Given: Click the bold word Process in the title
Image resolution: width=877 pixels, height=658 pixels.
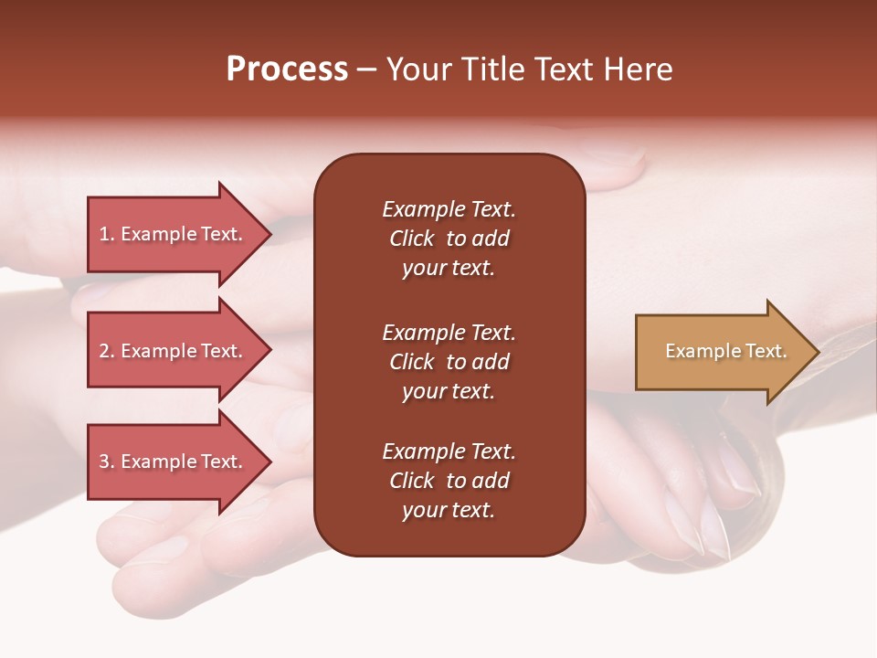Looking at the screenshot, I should click(287, 69).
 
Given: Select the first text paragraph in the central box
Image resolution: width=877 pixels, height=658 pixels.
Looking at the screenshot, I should click(449, 239).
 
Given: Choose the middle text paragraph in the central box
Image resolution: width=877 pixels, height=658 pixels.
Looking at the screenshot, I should click(449, 362).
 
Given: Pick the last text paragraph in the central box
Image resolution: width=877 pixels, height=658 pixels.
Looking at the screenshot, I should click(449, 481).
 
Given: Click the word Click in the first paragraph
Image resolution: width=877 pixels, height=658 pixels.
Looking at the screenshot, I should click(411, 239).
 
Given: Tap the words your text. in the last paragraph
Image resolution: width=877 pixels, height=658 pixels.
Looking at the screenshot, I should click(449, 510).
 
